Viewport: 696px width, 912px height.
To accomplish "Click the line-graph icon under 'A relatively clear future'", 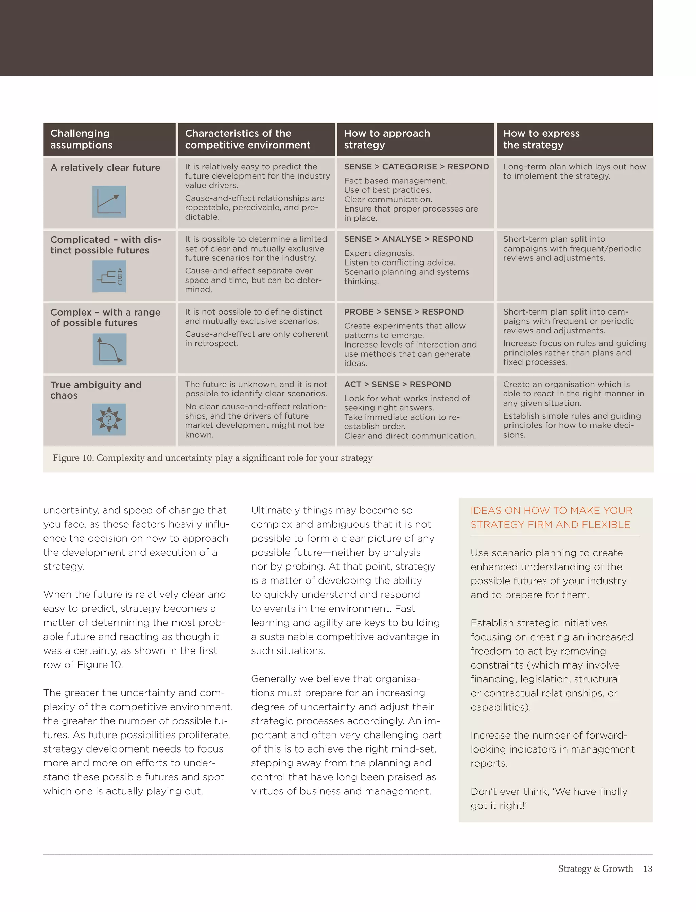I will click(109, 202).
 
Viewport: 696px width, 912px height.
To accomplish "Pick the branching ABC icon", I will click(109, 276).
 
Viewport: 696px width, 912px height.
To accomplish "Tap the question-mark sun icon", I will click(109, 420).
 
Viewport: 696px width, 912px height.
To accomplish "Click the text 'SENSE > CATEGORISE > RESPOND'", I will click(416, 167).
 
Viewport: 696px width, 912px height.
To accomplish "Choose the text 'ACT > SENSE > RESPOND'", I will click(397, 384).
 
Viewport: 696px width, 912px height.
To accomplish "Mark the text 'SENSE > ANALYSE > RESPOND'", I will click(408, 239).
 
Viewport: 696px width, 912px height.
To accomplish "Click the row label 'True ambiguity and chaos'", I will click(96, 390).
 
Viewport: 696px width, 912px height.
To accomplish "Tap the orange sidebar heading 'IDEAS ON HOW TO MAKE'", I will click(551, 511).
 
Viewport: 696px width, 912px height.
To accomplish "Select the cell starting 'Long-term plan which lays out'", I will click(574, 171).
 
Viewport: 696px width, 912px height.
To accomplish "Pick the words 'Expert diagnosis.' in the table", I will click(379, 253).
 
